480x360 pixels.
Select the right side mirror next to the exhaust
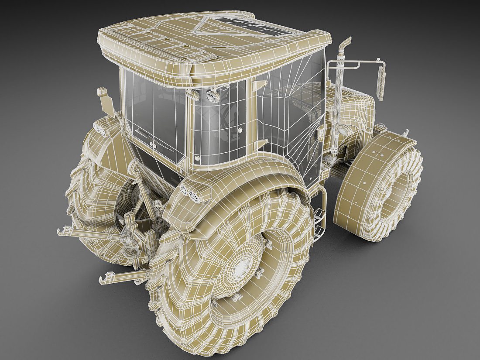click(x=381, y=81)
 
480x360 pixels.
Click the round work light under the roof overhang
click(x=213, y=96)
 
